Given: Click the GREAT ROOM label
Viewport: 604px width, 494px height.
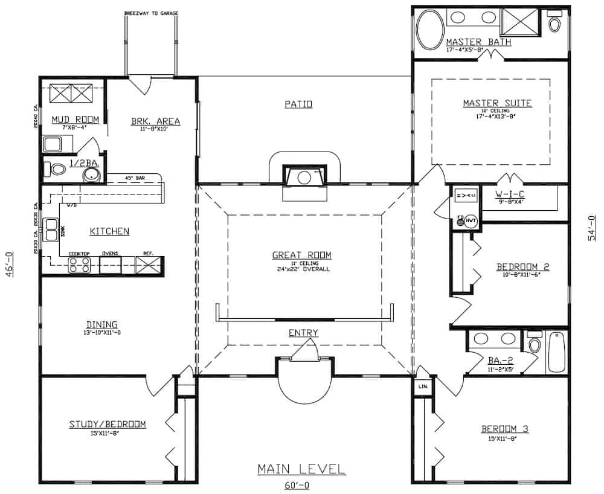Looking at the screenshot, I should (x=301, y=255).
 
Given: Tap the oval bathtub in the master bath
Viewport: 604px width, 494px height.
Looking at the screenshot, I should (x=429, y=24).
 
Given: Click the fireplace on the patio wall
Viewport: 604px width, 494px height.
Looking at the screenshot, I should (x=304, y=178).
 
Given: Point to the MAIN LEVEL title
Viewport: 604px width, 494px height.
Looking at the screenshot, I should (x=301, y=469).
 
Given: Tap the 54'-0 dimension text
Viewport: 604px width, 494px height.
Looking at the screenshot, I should (x=592, y=228).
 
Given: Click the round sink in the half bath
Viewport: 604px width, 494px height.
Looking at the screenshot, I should (x=91, y=175).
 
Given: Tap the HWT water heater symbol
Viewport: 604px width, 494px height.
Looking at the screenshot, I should (x=470, y=221).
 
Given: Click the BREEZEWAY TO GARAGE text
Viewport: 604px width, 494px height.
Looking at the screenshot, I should (x=150, y=13).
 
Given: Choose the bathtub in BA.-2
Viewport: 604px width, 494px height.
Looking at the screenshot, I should (x=556, y=352).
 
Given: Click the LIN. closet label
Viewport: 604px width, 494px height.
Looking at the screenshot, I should (x=422, y=385).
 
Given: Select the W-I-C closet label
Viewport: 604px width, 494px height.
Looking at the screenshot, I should (x=507, y=194).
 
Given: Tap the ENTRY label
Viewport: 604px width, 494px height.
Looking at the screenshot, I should (x=303, y=333).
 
